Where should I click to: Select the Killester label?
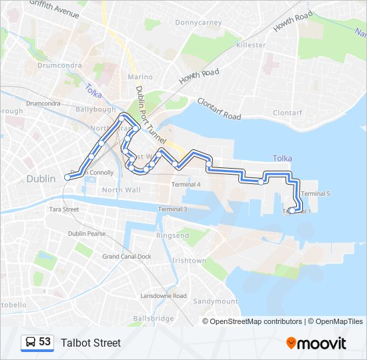[250, 45]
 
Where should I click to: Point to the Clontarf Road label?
[219, 109]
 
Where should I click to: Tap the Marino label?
[140, 77]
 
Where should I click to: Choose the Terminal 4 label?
[186, 185]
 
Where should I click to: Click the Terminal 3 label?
[172, 209]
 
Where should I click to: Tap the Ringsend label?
[173, 236]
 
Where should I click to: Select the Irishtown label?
[189, 261]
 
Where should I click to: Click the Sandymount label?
[216, 301]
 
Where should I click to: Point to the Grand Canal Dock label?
[126, 257]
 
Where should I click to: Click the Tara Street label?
[64, 209]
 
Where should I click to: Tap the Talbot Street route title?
[91, 343]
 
